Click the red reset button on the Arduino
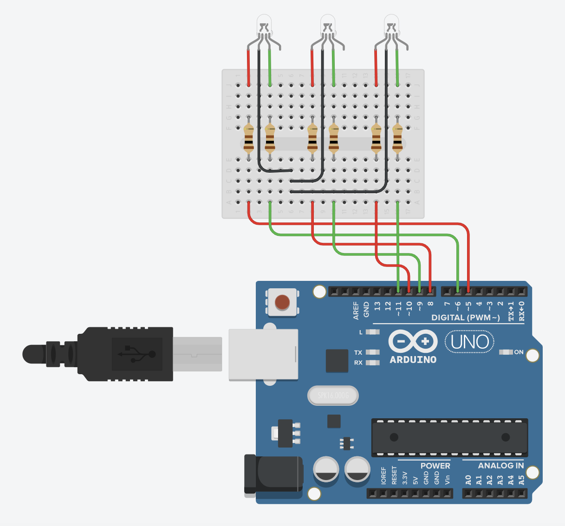coord(282,302)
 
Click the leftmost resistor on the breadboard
coord(248,138)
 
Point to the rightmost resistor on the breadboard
coord(397,138)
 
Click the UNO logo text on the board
coord(469,342)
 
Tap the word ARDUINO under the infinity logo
coord(413,360)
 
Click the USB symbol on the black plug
coord(136,354)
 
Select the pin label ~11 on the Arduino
coord(398,309)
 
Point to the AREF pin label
coord(356,310)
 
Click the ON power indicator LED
coord(506,352)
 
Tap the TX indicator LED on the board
coord(372,352)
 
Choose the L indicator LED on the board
coord(372,332)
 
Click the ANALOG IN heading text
coord(500,466)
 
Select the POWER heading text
coord(435,466)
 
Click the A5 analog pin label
coord(521,480)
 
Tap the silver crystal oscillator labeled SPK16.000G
coord(333,396)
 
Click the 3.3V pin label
coord(405,478)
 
